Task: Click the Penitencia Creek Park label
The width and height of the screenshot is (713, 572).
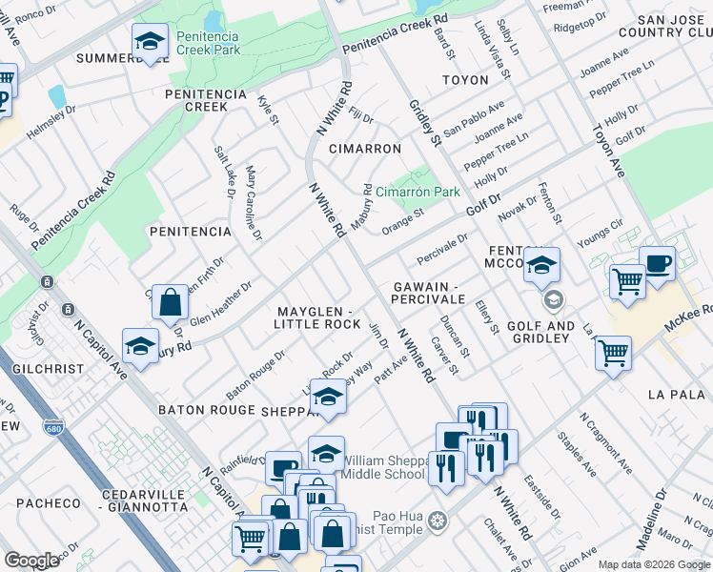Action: pos(207,43)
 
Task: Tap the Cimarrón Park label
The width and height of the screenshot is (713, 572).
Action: pos(418,192)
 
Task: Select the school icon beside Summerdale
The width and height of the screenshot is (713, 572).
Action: pos(149,42)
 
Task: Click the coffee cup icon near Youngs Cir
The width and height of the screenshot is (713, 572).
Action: pos(657,263)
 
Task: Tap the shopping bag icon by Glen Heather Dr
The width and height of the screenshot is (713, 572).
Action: pos(169,304)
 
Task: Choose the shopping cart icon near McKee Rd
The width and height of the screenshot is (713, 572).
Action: pos(613,353)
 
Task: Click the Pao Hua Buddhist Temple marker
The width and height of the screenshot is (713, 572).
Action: pos(438,521)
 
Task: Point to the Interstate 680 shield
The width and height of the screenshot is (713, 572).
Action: pos(53,428)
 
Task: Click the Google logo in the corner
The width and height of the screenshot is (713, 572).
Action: pos(32,560)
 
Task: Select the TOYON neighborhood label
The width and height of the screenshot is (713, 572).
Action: pos(464,81)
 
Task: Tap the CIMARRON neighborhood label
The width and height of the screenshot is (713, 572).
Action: pos(364,150)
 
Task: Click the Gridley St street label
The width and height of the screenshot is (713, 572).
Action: pos(424,123)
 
